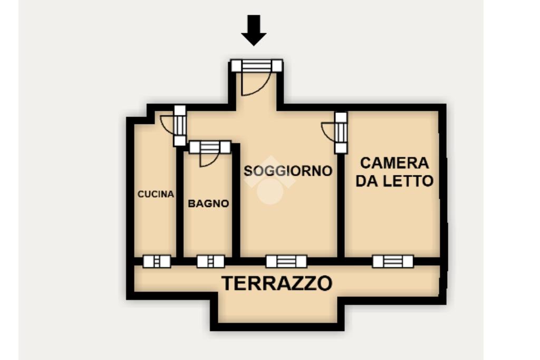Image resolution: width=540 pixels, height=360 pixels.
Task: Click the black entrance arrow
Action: coord(254,30)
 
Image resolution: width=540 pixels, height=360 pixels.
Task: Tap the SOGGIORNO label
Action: coord(288,171)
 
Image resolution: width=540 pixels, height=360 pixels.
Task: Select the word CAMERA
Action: coord(394,163)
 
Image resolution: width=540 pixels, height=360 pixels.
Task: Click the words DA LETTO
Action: coord(394,181)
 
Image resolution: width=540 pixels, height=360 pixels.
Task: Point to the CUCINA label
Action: coord(156,194)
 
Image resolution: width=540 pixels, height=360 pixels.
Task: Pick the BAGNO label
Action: coord(208,203)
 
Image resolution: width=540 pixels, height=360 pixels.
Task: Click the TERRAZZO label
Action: coord(277,283)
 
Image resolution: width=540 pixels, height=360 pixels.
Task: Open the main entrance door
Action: coord(257,66)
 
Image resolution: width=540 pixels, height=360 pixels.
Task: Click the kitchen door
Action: coord(180,125)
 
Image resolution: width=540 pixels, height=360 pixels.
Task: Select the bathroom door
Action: coord(210,147)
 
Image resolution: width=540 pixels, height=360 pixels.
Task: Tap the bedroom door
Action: coord(341,133)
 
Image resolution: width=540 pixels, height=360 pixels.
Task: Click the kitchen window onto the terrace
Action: coord(157,261)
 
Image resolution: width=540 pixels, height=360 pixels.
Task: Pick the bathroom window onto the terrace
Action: coord(211,261)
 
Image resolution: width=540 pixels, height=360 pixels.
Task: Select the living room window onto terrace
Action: coord(286,261)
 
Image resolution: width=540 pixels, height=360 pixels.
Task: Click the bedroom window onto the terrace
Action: coord(393,261)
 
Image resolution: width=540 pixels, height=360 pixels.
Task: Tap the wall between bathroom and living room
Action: coord(236,201)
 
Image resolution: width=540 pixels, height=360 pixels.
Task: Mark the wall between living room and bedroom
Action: coord(341,206)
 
